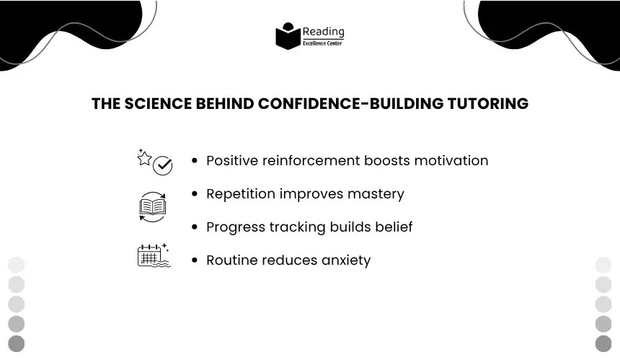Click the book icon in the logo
[288, 36]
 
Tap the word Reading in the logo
[324, 32]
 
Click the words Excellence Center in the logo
[322, 43]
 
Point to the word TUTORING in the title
[487, 104]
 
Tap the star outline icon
[144, 158]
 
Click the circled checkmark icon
[162, 166]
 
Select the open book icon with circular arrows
[153, 207]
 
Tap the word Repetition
[241, 194]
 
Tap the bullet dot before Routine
[194, 260]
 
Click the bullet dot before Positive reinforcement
[194, 160]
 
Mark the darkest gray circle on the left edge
[16, 343]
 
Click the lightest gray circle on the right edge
[603, 265]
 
